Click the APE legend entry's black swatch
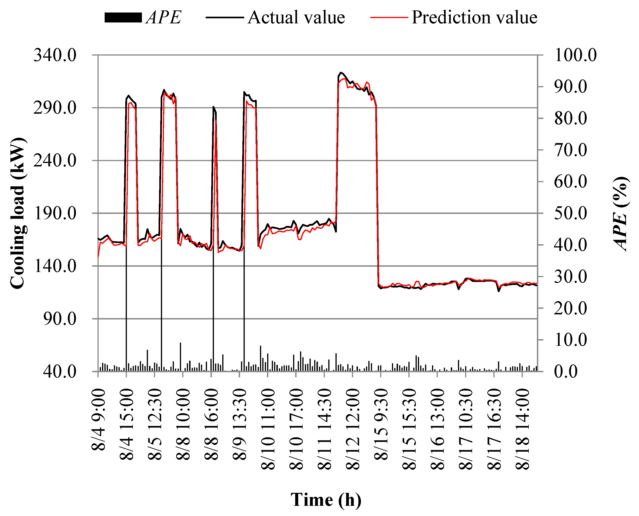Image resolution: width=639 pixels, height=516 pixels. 123,18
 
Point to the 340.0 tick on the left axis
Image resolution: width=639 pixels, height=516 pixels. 55,55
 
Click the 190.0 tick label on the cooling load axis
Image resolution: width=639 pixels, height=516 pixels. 55,213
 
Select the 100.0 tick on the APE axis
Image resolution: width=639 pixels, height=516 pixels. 575,55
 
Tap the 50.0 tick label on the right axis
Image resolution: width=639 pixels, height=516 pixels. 570,213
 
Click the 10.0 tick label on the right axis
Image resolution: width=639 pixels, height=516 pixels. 570,340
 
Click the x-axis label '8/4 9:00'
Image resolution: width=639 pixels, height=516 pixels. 98,420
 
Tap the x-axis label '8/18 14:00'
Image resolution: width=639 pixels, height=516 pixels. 522,429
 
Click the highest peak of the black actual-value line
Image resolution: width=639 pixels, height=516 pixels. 341,72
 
